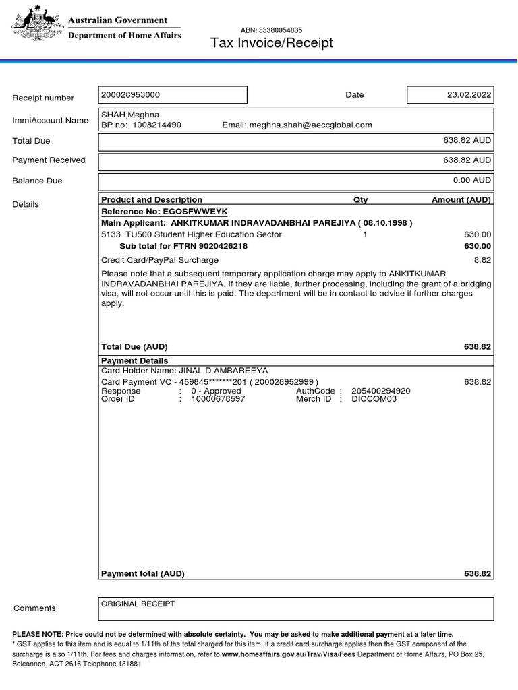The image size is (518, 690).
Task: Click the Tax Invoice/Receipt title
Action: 272,44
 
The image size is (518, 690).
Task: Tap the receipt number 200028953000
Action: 131,95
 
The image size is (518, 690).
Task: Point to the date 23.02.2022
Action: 469,95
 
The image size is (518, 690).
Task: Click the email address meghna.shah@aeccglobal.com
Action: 310,125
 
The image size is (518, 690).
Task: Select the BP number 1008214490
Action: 156,125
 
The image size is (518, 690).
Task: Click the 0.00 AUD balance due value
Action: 471,180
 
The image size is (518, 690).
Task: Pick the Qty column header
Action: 361,200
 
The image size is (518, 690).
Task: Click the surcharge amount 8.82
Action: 482,259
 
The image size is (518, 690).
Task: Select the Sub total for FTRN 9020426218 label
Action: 183,246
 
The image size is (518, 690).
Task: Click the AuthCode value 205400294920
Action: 380,391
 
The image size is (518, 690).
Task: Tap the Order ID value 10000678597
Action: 218,399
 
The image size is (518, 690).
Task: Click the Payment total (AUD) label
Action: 142,574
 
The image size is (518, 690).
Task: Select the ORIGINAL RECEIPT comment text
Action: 138,604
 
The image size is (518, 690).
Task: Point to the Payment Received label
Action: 49,160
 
